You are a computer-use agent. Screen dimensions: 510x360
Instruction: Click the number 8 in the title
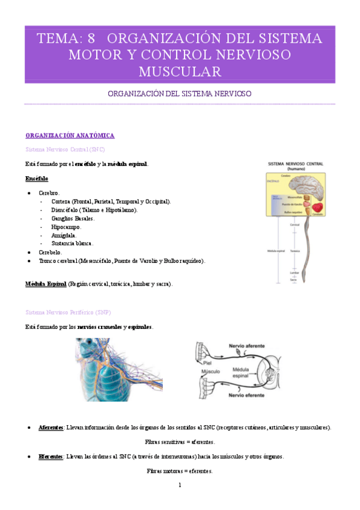point(91,38)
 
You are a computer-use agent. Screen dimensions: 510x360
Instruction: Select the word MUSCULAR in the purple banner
point(180,72)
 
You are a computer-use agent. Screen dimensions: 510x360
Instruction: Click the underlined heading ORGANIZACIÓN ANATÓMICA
point(70,135)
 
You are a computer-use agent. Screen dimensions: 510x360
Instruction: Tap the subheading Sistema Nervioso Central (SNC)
point(66,149)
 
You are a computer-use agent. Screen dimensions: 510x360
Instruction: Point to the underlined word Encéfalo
point(37,179)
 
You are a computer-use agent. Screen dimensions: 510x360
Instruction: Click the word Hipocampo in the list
point(66,227)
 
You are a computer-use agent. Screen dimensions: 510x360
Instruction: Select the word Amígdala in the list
point(64,235)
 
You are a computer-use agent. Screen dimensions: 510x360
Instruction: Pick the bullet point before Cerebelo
point(29,252)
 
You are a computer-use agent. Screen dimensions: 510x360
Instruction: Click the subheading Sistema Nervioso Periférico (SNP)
point(68,313)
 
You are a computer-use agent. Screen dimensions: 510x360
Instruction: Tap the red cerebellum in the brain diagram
point(317,207)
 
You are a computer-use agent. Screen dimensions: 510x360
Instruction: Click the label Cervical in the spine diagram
point(294,224)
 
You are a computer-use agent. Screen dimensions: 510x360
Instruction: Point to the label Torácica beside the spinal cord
point(295,251)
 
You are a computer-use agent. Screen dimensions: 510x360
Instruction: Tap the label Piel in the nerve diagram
point(207,363)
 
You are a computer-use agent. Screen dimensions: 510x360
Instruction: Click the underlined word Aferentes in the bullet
point(51,427)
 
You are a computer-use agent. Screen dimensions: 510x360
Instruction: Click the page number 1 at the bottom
point(180,485)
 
